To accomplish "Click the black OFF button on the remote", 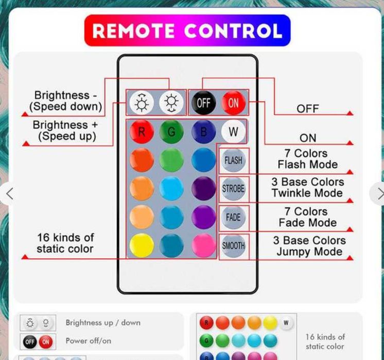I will (203, 102).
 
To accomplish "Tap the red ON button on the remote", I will (233, 102).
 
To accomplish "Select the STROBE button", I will (233, 189).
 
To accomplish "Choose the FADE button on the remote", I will (233, 218).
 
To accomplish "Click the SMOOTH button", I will (233, 246).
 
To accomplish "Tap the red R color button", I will (142, 132).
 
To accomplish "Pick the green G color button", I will (171, 132).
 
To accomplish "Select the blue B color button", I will (203, 132).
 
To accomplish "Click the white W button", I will (233, 132).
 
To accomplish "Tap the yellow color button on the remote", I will (142, 245).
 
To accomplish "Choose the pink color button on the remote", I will (203, 245).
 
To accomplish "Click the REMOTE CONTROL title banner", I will (187, 31).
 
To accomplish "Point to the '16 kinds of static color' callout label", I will (65, 243).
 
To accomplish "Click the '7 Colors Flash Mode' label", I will (307, 159).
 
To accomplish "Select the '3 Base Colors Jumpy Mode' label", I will (309, 246).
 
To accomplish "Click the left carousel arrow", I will (9, 193).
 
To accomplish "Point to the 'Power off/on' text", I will (88, 340).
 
